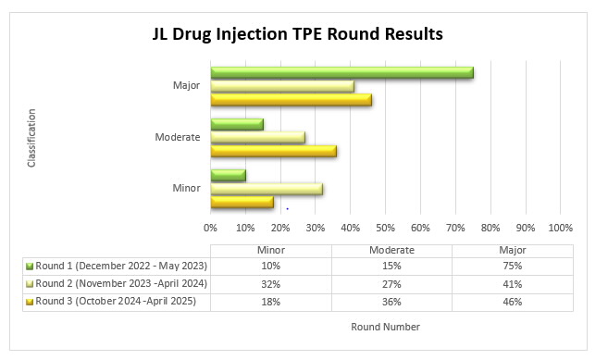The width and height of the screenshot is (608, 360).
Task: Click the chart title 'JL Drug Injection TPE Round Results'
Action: [297, 35]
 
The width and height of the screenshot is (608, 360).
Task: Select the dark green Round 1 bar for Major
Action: [341, 72]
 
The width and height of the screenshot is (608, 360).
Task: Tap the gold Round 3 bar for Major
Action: [291, 100]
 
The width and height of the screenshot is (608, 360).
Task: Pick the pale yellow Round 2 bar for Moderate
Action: [257, 137]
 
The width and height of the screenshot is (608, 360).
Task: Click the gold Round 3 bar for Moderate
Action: [273, 151]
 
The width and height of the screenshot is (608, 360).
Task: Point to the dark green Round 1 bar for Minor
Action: [228, 175]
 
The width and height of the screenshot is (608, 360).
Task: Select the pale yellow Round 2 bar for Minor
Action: [267, 189]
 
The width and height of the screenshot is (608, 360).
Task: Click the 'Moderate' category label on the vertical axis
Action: [178, 137]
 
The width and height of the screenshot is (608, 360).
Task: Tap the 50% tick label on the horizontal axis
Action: [385, 227]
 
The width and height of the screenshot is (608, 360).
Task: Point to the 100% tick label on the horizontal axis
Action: [560, 227]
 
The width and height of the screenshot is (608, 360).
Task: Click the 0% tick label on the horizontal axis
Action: [211, 227]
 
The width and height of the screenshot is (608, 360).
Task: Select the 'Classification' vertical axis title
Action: [32, 137]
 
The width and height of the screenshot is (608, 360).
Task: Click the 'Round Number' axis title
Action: [385, 327]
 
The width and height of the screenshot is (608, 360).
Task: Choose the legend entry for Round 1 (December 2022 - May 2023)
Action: [116, 266]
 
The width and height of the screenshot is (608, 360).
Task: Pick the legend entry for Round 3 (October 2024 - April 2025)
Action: [116, 301]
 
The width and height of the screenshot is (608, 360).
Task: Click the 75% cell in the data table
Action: [513, 266]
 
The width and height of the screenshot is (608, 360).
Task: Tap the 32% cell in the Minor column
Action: [271, 283]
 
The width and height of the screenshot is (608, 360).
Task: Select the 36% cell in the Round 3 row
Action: [391, 301]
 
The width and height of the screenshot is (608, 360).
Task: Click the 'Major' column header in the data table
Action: [513, 249]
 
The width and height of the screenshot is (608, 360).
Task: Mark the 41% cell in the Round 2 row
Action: [513, 283]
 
